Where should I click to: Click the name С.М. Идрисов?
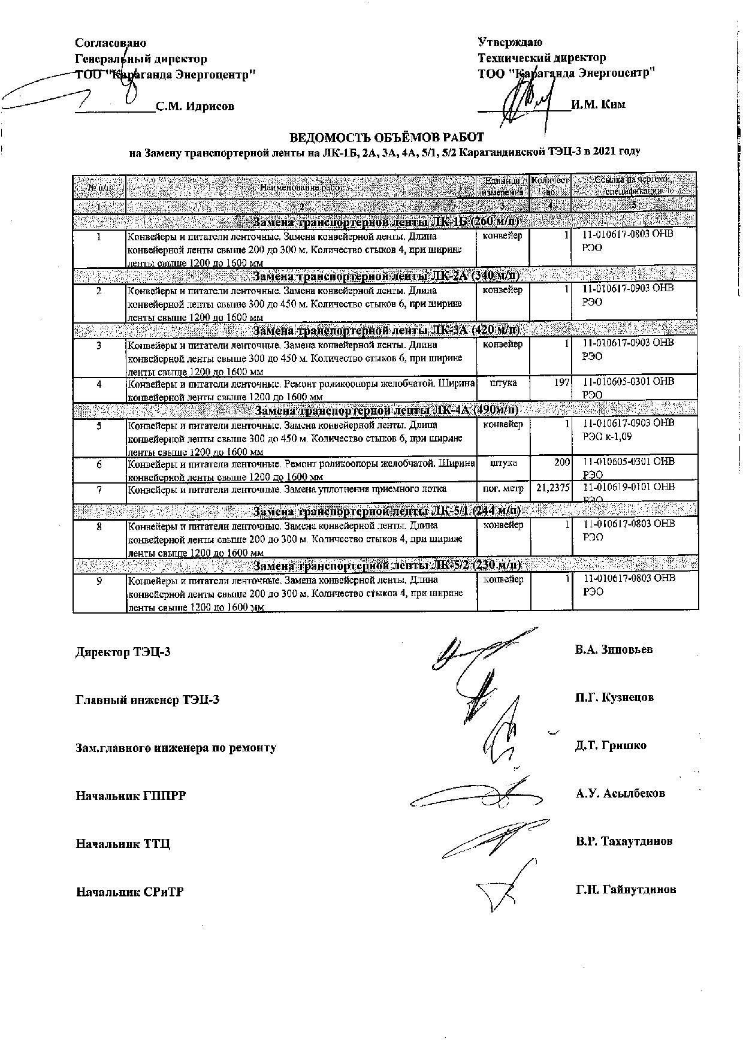(195, 107)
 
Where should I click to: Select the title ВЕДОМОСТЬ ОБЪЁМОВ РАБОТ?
(386, 137)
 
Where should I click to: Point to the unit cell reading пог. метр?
(503, 488)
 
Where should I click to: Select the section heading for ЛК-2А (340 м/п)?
(386, 276)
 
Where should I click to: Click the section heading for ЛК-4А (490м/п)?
(386, 410)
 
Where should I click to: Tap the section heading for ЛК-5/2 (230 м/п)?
(386, 566)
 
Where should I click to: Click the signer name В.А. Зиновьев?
(614, 650)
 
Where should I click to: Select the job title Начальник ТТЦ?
(123, 844)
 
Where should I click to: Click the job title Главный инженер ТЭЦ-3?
(147, 700)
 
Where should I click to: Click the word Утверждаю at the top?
(510, 42)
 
